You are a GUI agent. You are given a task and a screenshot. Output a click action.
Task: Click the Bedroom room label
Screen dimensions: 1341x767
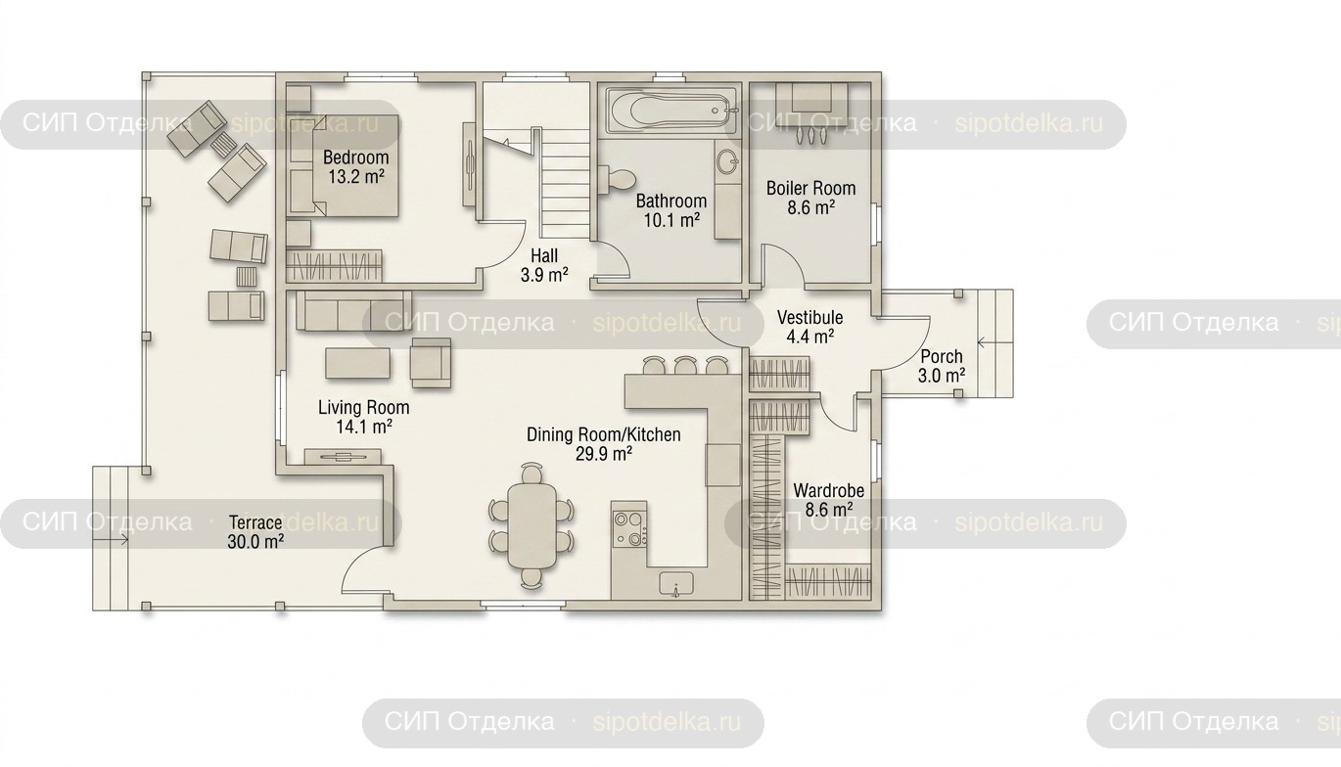click(355, 158)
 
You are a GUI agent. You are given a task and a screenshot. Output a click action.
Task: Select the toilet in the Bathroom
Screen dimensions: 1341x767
click(619, 179)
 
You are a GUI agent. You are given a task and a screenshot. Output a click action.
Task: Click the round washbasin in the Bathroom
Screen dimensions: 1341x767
click(727, 161)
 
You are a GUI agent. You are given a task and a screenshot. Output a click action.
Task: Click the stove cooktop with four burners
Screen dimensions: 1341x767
click(629, 528)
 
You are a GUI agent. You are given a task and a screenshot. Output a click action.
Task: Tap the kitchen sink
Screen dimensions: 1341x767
click(676, 583)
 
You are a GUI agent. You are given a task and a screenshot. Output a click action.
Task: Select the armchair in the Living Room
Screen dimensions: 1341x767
click(431, 363)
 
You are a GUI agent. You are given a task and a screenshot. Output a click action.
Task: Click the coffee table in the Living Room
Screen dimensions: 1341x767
click(357, 363)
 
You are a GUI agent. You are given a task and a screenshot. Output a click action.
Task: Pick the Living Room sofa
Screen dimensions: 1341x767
click(353, 310)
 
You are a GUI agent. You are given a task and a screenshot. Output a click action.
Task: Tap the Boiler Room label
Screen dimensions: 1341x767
click(810, 189)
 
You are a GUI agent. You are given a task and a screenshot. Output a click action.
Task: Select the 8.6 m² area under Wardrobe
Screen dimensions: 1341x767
click(828, 510)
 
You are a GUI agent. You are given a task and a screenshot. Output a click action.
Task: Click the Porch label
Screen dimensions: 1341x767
click(941, 356)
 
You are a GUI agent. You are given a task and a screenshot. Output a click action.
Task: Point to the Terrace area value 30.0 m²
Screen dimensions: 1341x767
click(255, 542)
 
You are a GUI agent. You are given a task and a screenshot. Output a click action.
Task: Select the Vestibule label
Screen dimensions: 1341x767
click(810, 317)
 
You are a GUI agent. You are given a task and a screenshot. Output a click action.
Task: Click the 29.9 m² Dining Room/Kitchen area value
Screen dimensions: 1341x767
click(603, 454)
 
